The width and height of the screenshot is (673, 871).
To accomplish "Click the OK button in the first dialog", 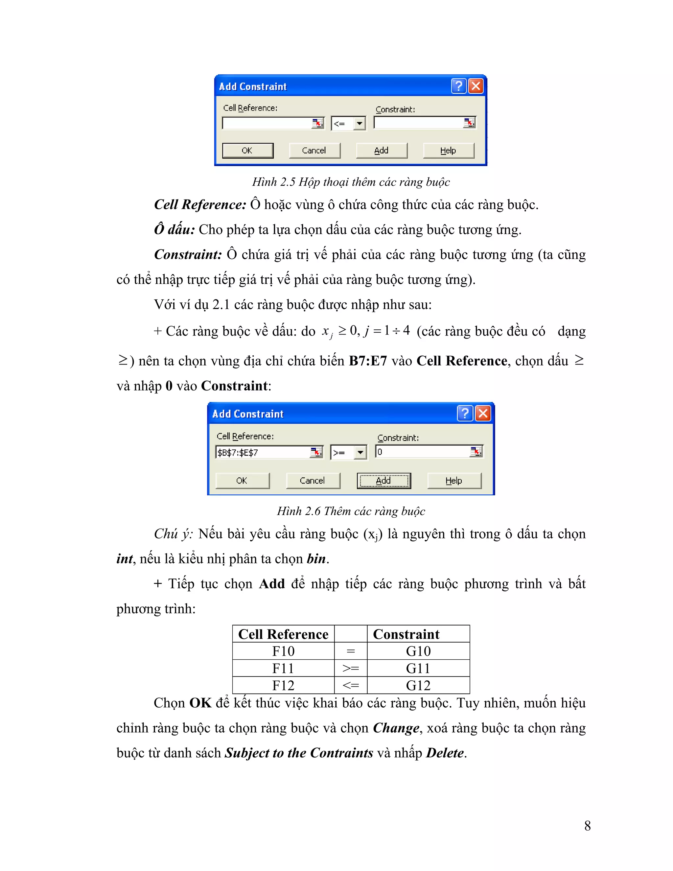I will tap(247, 150).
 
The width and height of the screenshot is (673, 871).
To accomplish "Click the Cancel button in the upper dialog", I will tap(314, 150).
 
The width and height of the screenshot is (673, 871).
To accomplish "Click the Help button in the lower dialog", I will tap(454, 481).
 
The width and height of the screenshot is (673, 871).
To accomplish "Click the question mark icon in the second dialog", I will tap(464, 413).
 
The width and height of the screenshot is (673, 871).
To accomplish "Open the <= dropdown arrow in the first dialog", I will tap(360, 123).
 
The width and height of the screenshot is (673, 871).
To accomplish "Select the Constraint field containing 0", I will tap(423, 452).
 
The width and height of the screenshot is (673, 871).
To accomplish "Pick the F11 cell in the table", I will tap(283, 668).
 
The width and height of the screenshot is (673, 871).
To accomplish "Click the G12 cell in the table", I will tap(418, 685).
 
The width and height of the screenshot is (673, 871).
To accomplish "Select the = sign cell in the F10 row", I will tap(350, 651).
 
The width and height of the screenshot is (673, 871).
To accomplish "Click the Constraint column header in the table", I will tap(406, 634).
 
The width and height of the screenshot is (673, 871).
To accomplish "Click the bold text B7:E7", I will tap(368, 361).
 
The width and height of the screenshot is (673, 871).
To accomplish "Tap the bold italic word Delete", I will tap(445, 753).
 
